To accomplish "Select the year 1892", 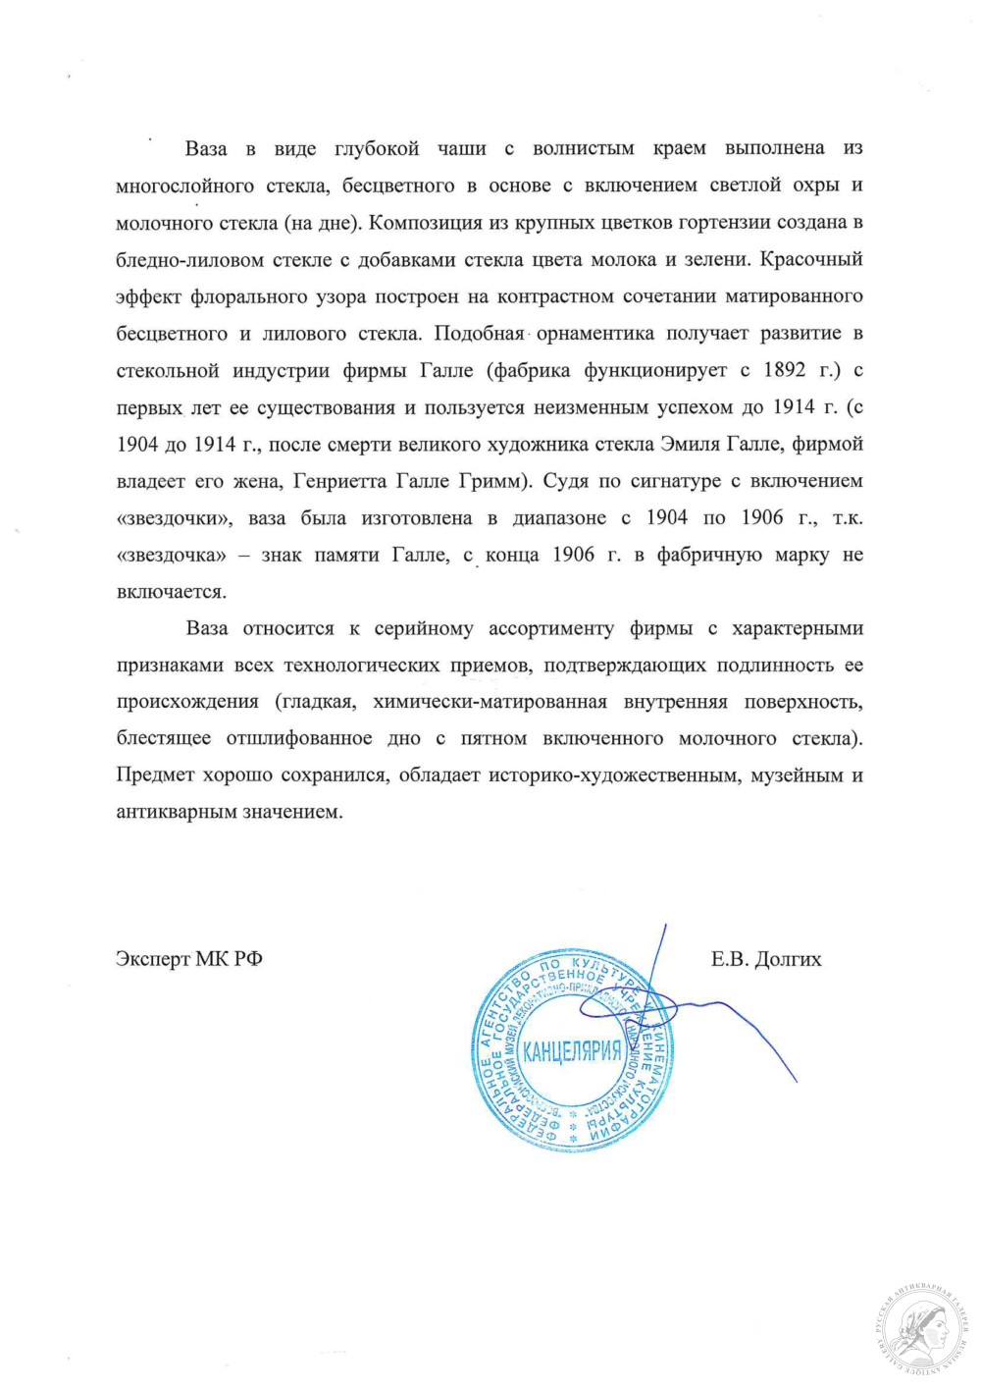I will (785, 370).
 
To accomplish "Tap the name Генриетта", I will (343, 481).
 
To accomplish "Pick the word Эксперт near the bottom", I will (152, 959).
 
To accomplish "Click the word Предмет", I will (155, 775).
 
